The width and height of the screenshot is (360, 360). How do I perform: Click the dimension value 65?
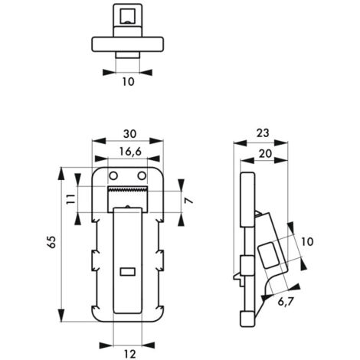point(51,241)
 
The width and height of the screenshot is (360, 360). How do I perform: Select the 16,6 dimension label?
point(130,152)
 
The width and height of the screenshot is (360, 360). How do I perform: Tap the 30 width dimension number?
point(130,134)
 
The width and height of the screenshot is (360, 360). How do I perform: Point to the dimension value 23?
point(263,133)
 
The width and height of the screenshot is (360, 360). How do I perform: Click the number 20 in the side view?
point(265,154)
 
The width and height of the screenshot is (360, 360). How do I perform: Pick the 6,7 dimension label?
point(286,302)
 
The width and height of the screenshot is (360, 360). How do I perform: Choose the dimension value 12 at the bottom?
point(130,354)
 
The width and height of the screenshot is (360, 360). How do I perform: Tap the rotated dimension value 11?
point(70,198)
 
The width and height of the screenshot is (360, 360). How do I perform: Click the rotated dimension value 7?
point(189,201)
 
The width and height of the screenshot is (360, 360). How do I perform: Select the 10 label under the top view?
point(128,82)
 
